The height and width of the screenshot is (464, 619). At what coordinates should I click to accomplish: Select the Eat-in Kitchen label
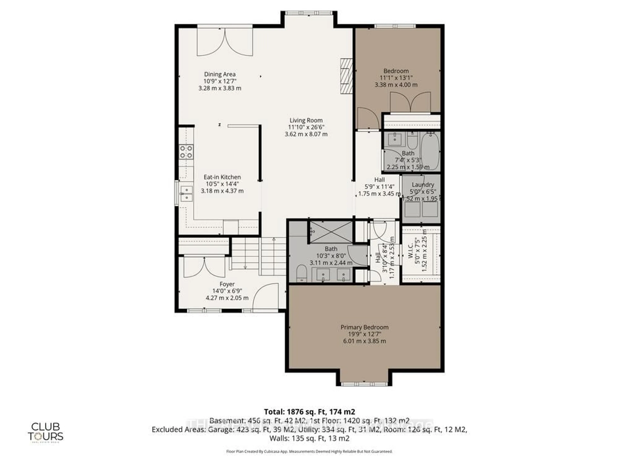222,177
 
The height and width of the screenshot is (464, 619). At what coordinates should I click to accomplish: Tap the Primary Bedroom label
364,327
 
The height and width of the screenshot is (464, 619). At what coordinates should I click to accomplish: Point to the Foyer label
227,284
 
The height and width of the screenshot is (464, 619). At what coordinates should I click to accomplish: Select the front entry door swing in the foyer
266,298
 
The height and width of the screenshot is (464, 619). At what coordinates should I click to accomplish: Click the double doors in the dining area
225,42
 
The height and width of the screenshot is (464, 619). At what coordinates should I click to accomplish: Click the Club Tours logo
45,432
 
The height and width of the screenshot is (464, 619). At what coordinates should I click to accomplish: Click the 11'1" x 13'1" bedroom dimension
396,78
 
